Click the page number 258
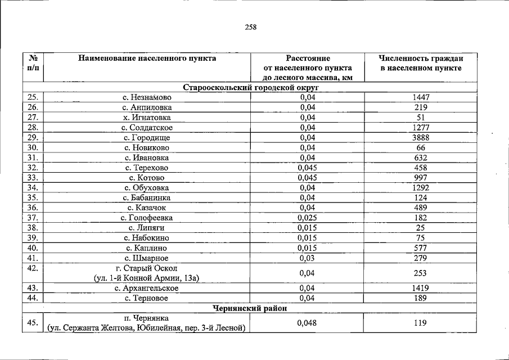251,26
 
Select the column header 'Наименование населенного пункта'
147,58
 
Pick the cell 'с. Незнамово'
147,97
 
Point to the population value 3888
420,137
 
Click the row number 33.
33,178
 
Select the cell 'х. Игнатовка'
147,118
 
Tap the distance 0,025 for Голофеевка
307,218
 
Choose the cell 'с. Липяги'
147,228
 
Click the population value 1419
420,288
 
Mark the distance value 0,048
307,323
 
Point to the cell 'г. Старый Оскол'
147,268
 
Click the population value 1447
420,97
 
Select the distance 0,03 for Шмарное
307,258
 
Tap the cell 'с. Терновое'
147,298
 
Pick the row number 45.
33,323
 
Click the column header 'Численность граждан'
420,58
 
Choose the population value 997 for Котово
420,178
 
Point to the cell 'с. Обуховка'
147,188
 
